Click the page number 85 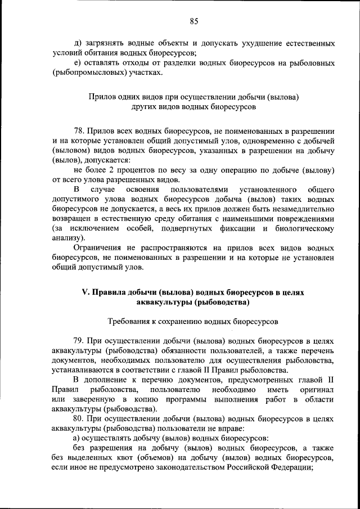pos(194,21)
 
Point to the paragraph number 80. pos(79,420)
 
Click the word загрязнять pos(106,43)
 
